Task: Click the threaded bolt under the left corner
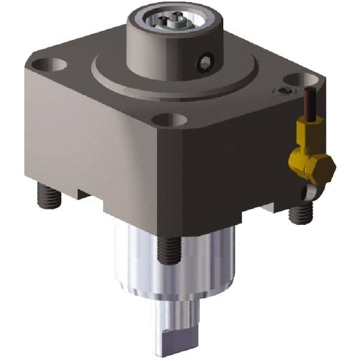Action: pos(45,194)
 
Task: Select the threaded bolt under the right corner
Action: pos(301,211)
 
